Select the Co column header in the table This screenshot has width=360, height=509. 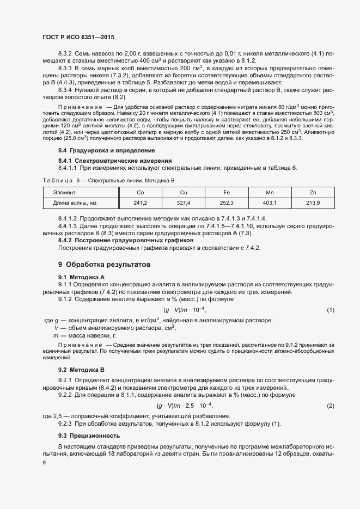click(x=141, y=193)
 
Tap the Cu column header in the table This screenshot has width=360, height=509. click(x=184, y=193)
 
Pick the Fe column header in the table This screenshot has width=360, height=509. click(x=227, y=193)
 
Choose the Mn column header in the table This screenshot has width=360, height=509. click(x=270, y=193)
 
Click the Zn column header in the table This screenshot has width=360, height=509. click(x=313, y=193)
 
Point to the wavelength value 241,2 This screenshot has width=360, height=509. click(x=141, y=203)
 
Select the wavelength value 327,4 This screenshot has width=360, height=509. click(x=184, y=203)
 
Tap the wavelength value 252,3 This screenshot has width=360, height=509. click(x=227, y=203)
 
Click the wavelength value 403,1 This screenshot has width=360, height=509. click(x=270, y=203)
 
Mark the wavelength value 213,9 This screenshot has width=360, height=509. click(x=313, y=203)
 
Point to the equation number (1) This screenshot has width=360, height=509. click(x=330, y=310)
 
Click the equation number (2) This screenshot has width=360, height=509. click(x=330, y=407)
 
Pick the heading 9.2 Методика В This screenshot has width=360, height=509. click(x=81, y=370)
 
